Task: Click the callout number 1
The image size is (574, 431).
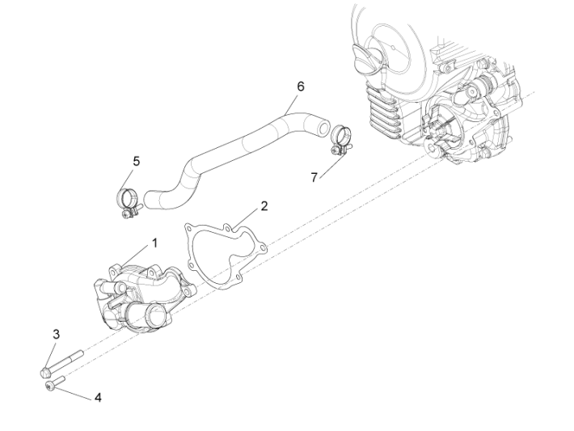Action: coord(154,242)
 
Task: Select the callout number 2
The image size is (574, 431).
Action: coord(264,206)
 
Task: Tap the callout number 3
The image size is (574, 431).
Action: coord(57,334)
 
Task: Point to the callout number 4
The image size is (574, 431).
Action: coord(98,397)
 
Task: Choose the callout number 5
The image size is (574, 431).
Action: coord(136,161)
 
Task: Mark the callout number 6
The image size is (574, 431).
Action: coord(301,86)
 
